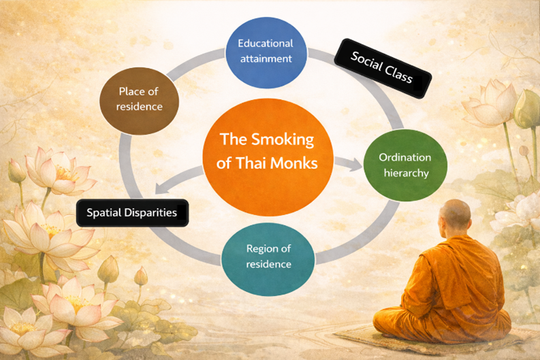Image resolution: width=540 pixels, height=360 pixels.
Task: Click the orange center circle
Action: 268,151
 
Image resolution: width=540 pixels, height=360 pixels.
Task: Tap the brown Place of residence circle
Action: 140,98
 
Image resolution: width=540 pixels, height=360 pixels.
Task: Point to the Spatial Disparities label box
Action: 132,212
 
